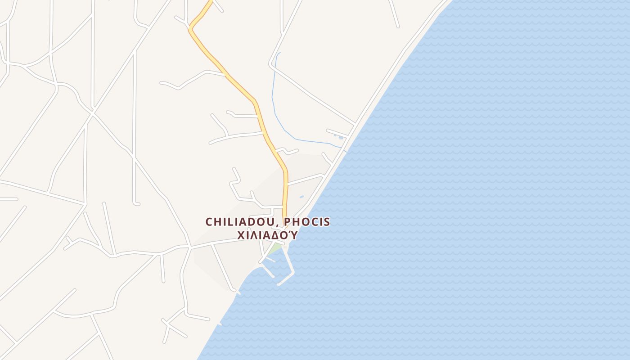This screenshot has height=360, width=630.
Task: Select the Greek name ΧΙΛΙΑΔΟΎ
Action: [267, 235]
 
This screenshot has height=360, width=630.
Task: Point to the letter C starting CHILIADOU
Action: [209, 222]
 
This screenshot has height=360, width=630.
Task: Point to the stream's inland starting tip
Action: [279, 53]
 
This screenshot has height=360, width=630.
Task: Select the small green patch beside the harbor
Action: [276, 248]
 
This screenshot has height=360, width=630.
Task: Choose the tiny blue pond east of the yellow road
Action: [301, 197]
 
